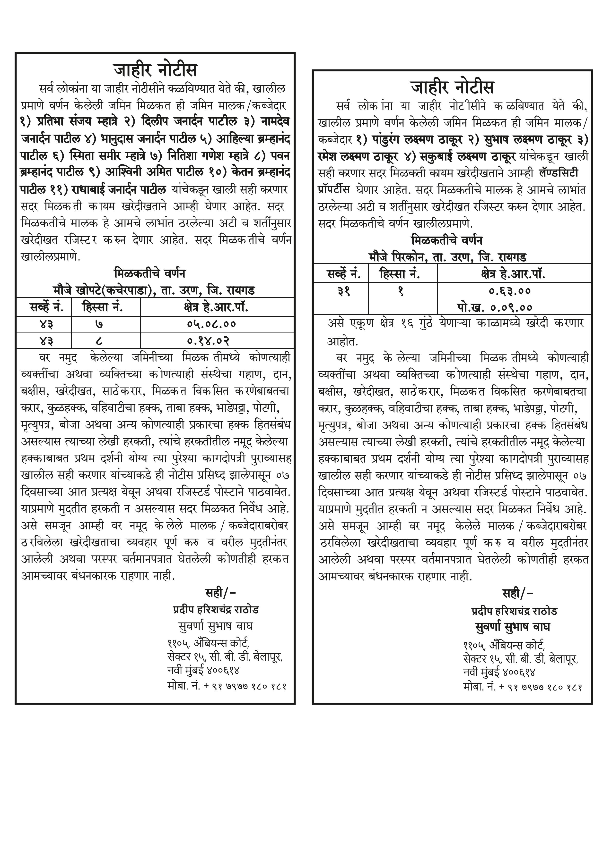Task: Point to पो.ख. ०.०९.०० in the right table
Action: coord(495,307)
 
